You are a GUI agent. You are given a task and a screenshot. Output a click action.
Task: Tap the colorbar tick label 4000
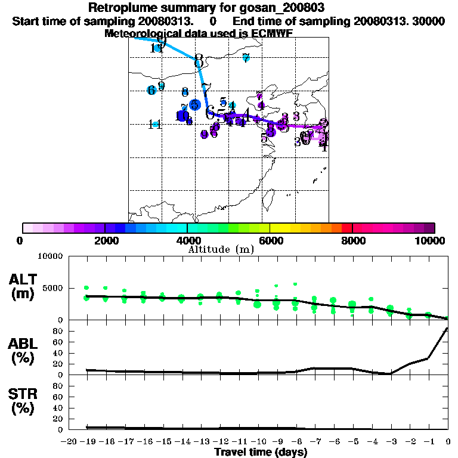(187, 240)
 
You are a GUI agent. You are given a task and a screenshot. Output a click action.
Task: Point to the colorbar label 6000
(270, 240)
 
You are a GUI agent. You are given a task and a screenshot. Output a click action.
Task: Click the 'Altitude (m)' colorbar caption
(218, 249)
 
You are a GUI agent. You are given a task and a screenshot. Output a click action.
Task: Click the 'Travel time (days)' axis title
(261, 452)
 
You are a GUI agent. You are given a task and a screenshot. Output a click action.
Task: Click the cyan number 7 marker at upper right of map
(246, 58)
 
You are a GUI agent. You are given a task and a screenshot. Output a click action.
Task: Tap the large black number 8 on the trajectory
(199, 61)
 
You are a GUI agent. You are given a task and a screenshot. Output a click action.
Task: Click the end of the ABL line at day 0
(447, 328)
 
